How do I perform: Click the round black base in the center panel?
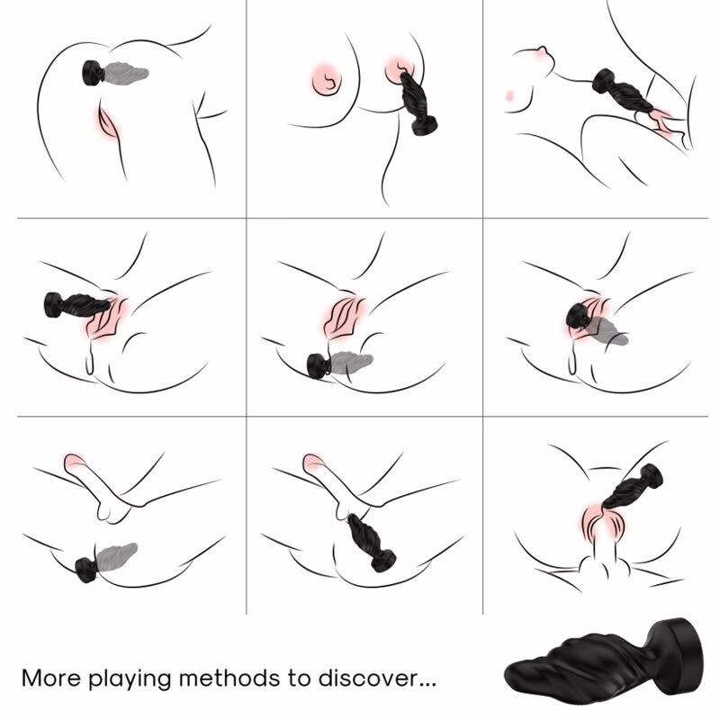point(317,365)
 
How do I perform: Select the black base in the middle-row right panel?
point(575,317)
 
